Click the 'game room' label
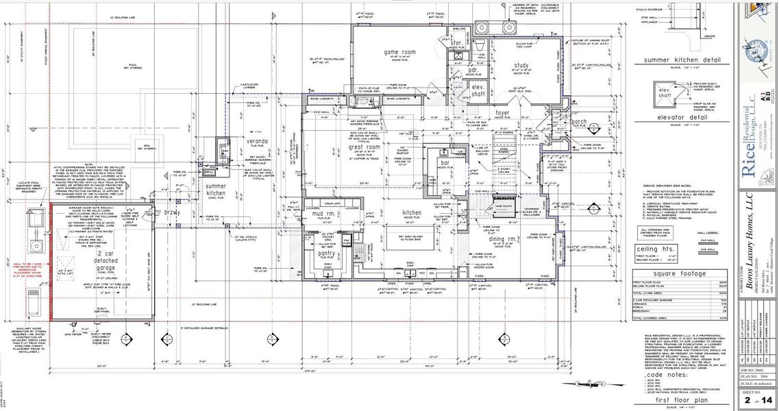coord(399,52)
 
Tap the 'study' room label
coord(523,66)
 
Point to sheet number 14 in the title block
coord(766,399)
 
